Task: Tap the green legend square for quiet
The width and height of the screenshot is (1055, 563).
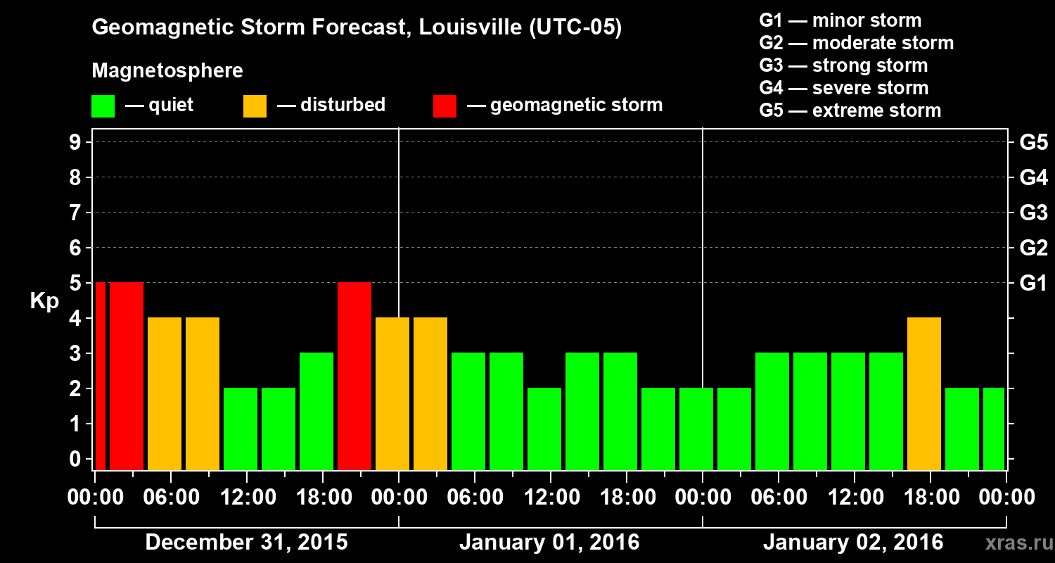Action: (103, 106)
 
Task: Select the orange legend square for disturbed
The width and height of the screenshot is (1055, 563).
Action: (255, 106)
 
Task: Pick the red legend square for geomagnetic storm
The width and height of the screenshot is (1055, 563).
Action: (445, 106)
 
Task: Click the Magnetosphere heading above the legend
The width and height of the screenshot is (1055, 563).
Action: (167, 71)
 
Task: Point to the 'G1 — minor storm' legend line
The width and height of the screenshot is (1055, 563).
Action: (840, 20)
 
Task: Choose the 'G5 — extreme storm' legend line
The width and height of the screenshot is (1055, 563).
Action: (850, 110)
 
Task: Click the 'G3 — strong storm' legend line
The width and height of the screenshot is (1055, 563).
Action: (844, 65)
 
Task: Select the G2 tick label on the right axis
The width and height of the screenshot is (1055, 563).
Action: (1033, 248)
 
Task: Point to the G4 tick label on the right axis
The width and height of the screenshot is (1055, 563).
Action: (1033, 177)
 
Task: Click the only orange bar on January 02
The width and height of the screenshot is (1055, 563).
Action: (924, 394)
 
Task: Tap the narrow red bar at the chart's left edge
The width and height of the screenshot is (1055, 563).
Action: (100, 377)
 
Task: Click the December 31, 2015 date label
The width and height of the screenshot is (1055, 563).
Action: (246, 543)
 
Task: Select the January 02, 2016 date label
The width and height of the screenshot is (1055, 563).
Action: (853, 543)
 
